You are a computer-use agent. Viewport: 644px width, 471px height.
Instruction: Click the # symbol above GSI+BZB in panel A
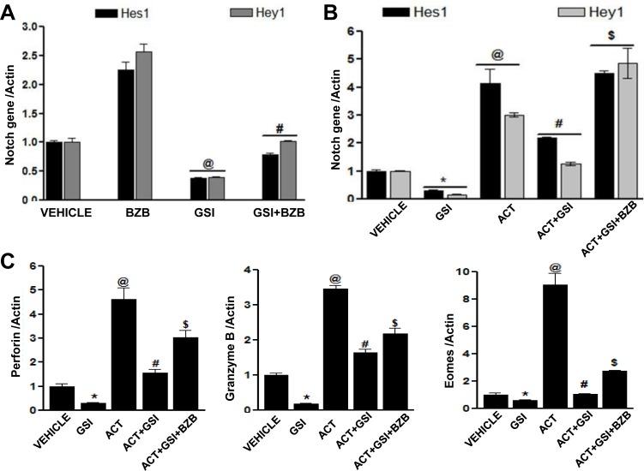tap(279, 128)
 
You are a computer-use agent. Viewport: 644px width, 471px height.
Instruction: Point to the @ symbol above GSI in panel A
tap(208, 161)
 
